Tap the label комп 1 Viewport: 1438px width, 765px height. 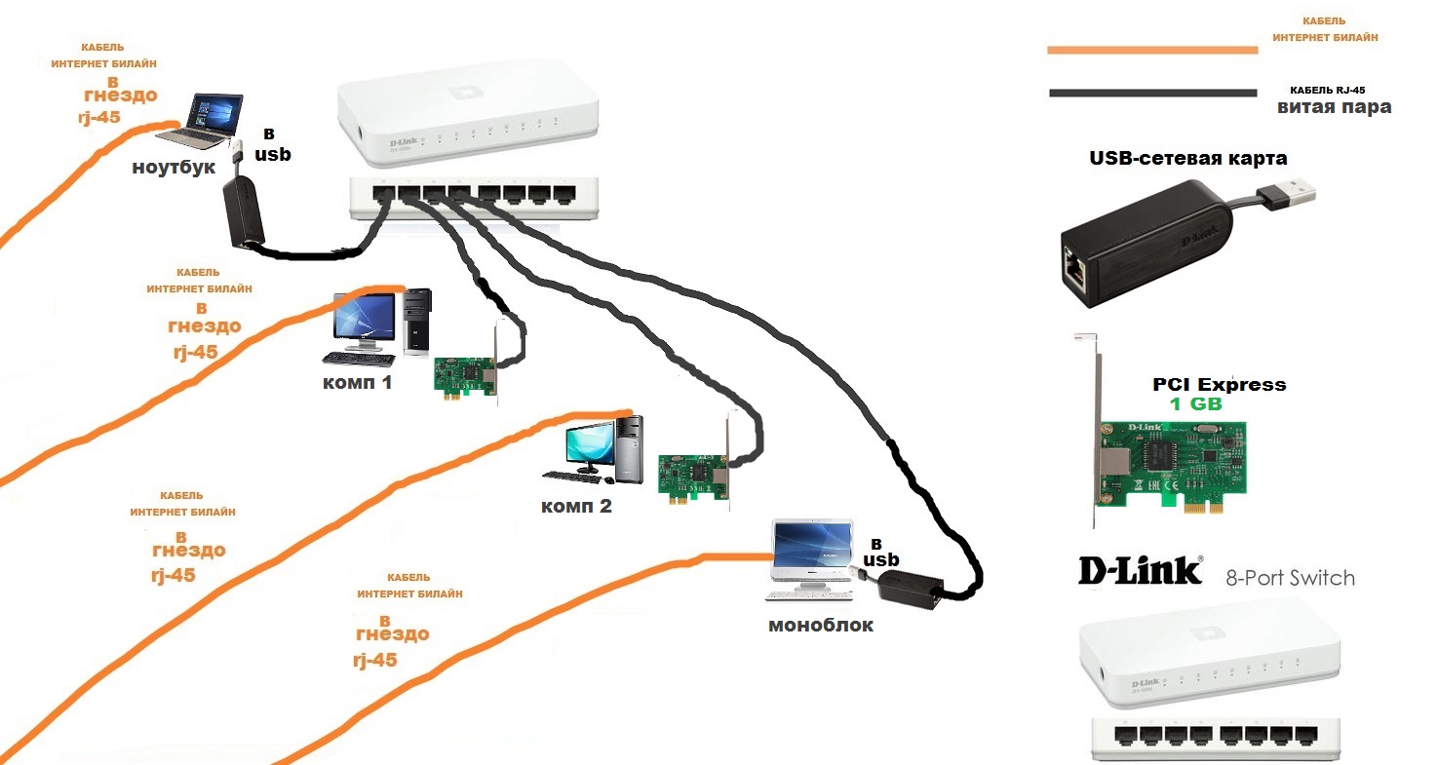[x=357, y=382]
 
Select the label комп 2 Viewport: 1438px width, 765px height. [x=577, y=506]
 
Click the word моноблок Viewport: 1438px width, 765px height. [x=821, y=625]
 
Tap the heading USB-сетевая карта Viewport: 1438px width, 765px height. [x=1187, y=158]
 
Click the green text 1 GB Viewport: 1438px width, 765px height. [x=1195, y=403]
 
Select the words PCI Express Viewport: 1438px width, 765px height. [x=1219, y=384]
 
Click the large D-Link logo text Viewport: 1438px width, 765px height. [x=1140, y=571]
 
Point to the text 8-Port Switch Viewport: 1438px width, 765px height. [x=1290, y=578]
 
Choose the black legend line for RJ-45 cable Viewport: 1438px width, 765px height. [x=1152, y=94]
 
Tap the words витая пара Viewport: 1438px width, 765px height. [x=1334, y=107]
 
